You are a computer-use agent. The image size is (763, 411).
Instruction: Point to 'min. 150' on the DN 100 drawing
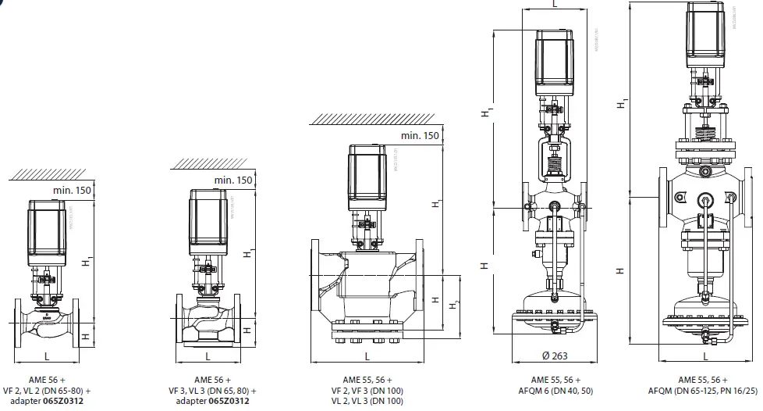coord(418,135)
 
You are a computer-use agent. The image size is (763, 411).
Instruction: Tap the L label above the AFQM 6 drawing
coord(554,5)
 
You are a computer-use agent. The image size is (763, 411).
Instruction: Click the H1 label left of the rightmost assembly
coord(619,103)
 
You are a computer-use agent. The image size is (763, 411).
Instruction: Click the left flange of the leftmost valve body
coord(19,322)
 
